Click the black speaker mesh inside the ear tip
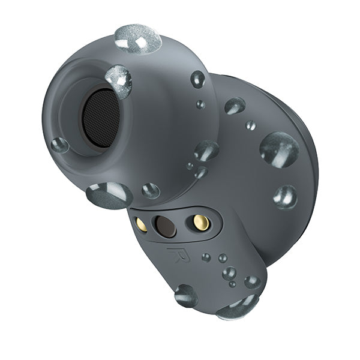pyautogui.click(x=101, y=118)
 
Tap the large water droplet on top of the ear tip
pyautogui.click(x=138, y=38)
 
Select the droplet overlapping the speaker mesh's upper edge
pyautogui.click(x=118, y=82)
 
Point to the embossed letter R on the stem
pyautogui.click(x=176, y=255)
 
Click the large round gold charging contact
pyautogui.click(x=201, y=223)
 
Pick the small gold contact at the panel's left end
pyautogui.click(x=142, y=224)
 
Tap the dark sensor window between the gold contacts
pyautogui.click(x=166, y=227)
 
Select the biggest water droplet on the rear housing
pyautogui.click(x=280, y=150)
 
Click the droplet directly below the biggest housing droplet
pyautogui.click(x=285, y=197)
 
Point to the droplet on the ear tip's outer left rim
pyautogui.click(x=59, y=145)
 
